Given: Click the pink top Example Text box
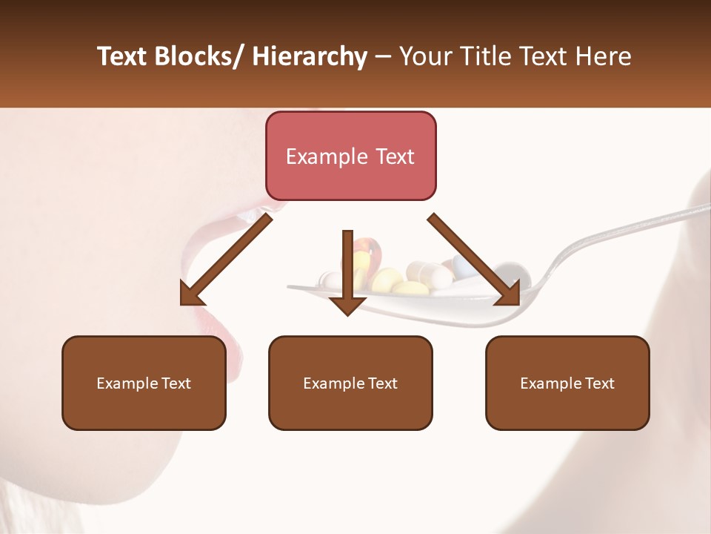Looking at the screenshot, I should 350,156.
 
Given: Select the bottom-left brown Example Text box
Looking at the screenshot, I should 144,383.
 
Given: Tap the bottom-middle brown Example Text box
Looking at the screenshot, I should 350,383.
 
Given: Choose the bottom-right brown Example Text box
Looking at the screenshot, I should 567,383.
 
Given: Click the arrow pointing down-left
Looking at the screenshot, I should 226,260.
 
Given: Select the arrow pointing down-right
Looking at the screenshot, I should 474,260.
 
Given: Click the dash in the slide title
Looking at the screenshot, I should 383,57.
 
